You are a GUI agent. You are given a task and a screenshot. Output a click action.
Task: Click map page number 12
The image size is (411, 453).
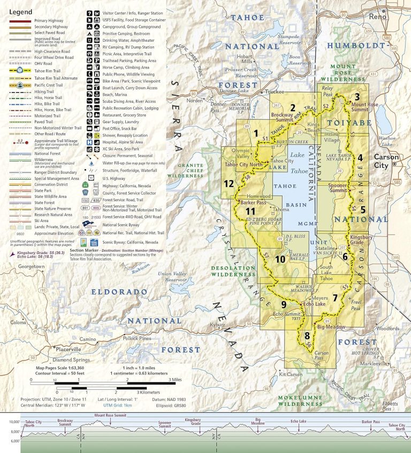229,183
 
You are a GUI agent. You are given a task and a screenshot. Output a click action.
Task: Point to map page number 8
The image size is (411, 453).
306,336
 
